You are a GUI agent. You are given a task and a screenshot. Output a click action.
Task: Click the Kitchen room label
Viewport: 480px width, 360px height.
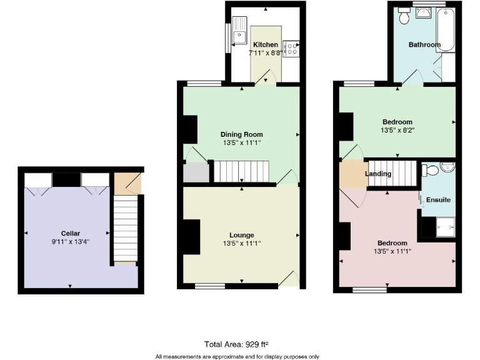(265, 45)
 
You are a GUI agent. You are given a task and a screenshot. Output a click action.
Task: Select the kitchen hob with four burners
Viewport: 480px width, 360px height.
(291, 49)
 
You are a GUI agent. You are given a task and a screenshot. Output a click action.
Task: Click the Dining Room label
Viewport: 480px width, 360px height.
(241, 134)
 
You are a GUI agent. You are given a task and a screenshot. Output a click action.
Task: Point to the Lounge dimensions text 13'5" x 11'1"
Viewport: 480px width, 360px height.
(241, 244)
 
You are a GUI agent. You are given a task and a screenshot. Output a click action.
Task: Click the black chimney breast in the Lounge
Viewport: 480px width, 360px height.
(191, 237)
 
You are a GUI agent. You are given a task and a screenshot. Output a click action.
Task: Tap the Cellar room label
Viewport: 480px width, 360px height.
(71, 234)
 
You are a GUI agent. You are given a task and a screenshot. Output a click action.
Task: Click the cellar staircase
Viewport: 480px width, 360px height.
(126, 229)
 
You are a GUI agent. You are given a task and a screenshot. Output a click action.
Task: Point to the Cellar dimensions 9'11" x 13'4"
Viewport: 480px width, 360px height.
(71, 242)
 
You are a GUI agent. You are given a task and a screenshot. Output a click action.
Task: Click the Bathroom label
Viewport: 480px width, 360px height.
(424, 45)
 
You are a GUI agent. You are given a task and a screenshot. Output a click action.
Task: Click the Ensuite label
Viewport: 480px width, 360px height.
(438, 200)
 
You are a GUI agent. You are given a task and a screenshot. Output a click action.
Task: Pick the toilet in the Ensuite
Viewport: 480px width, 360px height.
(431, 171)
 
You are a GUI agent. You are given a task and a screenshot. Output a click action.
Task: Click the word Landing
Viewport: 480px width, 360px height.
(378, 174)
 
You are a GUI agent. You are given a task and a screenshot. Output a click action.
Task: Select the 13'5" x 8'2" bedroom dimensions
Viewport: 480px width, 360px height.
(397, 131)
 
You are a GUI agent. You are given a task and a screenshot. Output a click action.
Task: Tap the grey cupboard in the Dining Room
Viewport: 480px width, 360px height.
(196, 172)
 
